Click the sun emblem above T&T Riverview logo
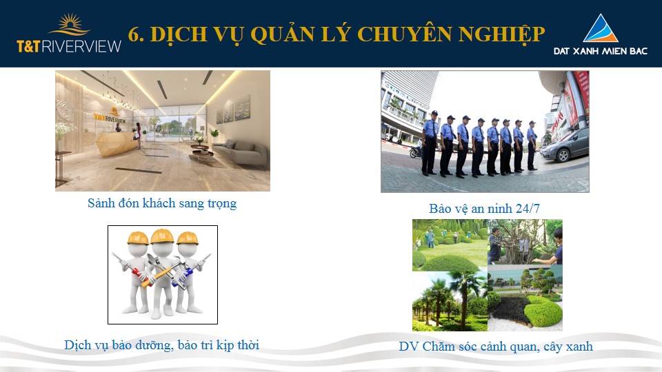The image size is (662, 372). tap(69, 25)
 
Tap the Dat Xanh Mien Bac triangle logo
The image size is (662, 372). tap(601, 28)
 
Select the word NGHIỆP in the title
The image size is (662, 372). tap(501, 34)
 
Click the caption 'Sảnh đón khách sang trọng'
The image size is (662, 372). tap(162, 204)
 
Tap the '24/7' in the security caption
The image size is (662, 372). tap(528, 208)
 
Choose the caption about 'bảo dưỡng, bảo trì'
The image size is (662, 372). tap(161, 345)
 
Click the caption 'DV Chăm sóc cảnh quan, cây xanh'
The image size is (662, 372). tap(496, 347)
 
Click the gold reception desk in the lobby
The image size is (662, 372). tap(116, 142)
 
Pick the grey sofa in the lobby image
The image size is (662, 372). tap(241, 153)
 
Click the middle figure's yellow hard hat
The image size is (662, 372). tap(163, 236)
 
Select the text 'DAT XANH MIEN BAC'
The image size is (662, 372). tap(601, 51)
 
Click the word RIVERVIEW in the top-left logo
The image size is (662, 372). tap(81, 46)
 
